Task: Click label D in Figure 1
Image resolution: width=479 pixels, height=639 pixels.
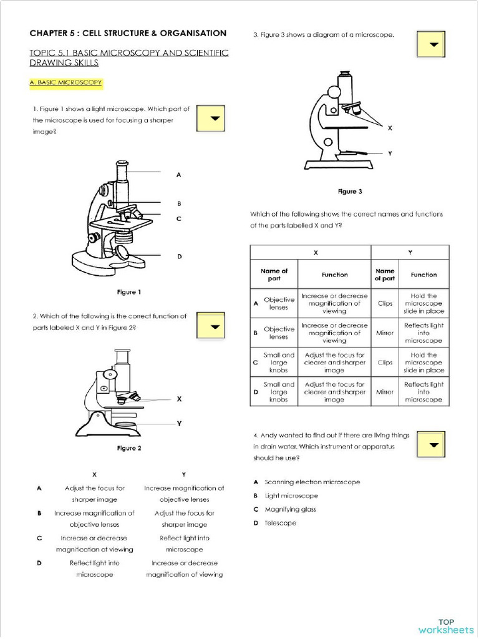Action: [179, 256]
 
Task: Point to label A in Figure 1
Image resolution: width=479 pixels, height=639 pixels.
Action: [179, 175]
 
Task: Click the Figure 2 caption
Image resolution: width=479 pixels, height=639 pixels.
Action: [129, 448]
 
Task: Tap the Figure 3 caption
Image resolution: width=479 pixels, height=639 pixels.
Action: [350, 192]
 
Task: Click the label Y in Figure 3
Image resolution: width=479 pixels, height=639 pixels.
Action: [390, 153]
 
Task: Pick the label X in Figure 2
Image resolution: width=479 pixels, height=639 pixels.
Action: [179, 398]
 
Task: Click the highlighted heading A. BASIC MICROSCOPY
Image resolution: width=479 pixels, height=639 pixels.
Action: [65, 82]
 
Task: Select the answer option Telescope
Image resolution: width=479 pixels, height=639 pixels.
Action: [280, 523]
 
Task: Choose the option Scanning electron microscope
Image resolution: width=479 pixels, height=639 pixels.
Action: [312, 482]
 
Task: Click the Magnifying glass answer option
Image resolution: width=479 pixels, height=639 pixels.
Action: [290, 509]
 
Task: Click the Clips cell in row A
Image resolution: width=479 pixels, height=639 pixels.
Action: [385, 303]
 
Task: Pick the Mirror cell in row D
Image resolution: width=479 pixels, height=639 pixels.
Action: [385, 392]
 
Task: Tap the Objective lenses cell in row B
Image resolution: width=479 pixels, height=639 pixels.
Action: [279, 333]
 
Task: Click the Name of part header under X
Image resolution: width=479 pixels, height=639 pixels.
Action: [274, 275]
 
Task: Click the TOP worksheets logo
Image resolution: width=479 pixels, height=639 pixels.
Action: [446, 626]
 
